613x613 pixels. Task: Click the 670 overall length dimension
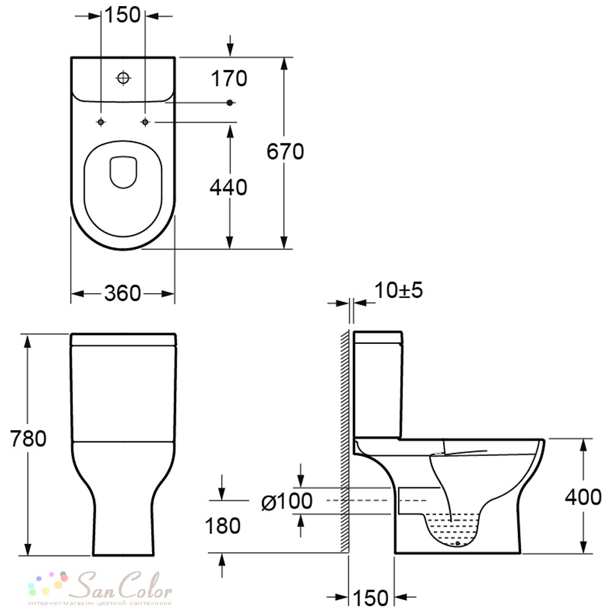coord(285,151)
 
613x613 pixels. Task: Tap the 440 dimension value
coord(228,187)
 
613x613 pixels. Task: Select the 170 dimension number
coord(229,78)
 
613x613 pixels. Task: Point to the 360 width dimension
coord(123,293)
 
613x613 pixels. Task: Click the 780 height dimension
coord(28,438)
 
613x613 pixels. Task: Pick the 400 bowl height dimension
coord(583,497)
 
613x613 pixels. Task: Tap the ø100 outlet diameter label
coord(287,501)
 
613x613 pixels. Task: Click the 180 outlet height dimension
coord(223,526)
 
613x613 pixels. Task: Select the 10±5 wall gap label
coord(398,290)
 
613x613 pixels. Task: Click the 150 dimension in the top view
coord(123,15)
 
